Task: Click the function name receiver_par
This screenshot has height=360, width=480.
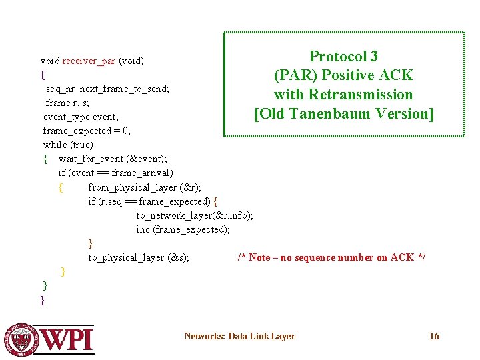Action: coord(89,61)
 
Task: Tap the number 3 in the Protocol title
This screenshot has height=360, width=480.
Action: coord(374,57)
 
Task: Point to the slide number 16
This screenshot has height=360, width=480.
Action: coord(434,336)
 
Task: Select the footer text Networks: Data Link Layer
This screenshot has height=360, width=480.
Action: coord(239,336)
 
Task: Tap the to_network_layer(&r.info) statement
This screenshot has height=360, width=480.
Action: coord(195,215)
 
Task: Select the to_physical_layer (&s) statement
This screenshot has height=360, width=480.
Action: coord(139,257)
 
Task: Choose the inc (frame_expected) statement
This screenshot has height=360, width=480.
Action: coord(183,229)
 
